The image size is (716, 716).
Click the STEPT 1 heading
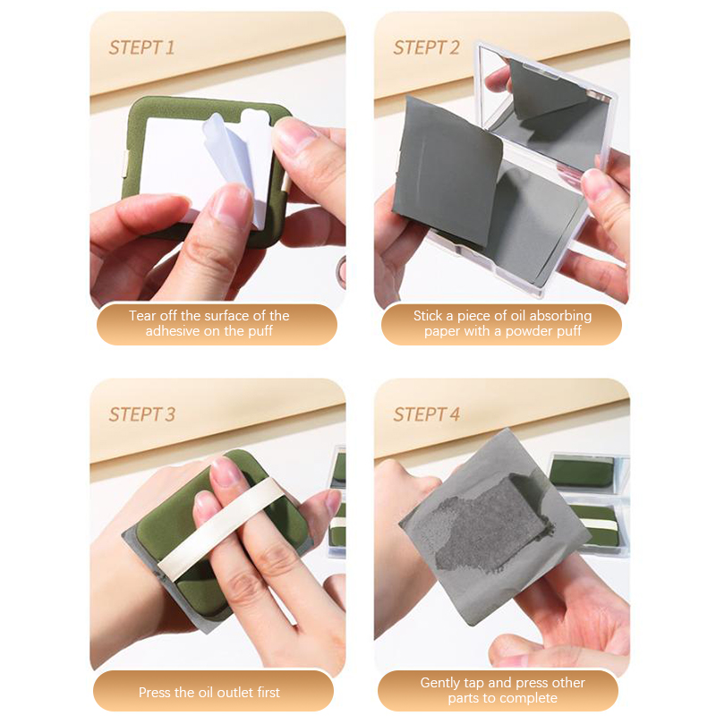tap(141, 47)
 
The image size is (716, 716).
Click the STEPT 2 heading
tap(426, 47)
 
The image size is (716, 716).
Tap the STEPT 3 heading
tap(142, 414)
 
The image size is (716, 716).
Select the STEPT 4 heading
tap(427, 414)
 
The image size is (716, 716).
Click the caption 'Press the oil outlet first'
tap(209, 692)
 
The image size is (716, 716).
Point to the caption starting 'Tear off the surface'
tap(209, 323)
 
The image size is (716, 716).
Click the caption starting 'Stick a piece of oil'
tap(502, 323)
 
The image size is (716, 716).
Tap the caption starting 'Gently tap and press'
tap(502, 690)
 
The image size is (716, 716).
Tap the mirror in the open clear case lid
tap(548, 109)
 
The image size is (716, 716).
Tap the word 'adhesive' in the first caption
tap(173, 331)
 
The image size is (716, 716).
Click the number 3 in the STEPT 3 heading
tap(170, 414)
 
